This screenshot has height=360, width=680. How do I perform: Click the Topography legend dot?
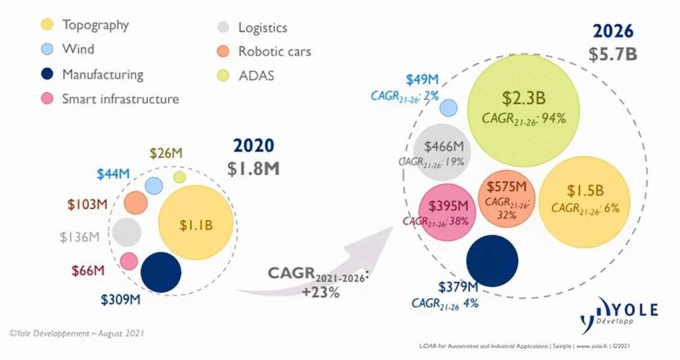coord(47,25)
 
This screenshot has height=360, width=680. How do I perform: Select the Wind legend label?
coord(78,49)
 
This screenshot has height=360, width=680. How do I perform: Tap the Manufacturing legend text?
coord(102,74)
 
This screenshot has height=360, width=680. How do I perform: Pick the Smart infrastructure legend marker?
coord(47,99)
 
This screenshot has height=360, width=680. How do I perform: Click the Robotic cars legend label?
coord(274,51)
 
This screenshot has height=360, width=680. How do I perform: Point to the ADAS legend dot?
coord(222,75)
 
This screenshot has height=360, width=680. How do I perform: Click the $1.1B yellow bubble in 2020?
coord(196,223)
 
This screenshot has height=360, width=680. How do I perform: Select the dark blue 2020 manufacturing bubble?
coord(161,272)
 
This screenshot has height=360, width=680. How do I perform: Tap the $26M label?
coord(167,154)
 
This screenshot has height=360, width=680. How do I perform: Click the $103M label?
coord(87,204)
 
